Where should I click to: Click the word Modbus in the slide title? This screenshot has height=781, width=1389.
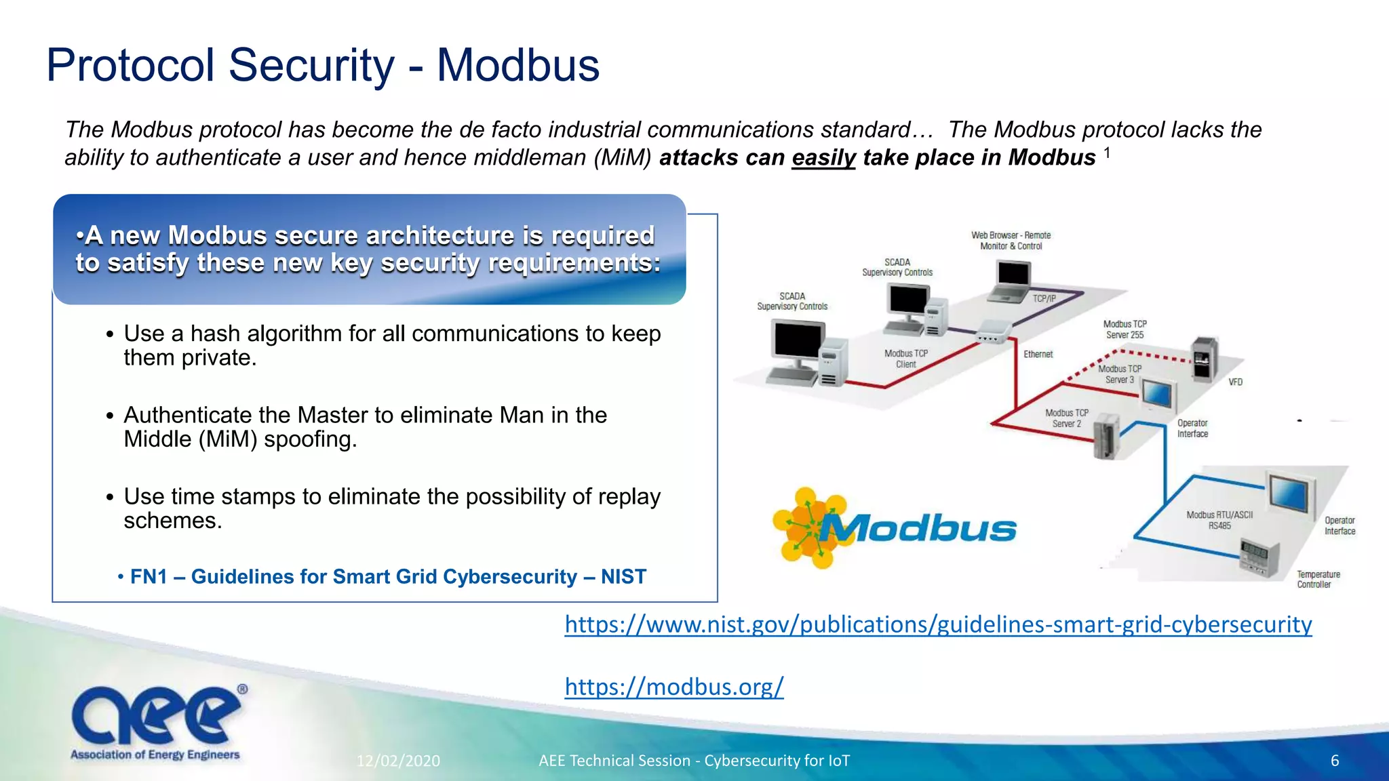(x=518, y=66)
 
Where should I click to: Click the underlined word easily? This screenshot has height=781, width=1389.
(x=823, y=158)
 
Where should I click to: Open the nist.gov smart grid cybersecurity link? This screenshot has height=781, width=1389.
(x=938, y=624)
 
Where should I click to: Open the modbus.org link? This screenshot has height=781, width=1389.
(x=674, y=687)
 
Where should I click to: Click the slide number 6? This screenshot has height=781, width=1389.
(x=1334, y=761)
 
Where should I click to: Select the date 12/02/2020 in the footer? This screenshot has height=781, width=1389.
(x=398, y=761)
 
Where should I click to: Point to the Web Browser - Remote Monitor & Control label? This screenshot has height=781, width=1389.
(x=1011, y=241)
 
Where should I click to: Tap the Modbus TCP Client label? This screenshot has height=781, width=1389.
(x=905, y=359)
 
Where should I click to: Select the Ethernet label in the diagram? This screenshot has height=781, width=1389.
(x=1038, y=354)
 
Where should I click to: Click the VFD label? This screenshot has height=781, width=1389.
(x=1235, y=382)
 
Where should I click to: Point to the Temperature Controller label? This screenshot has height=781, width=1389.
(x=1318, y=579)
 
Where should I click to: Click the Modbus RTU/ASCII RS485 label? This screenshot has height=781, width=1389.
(x=1219, y=520)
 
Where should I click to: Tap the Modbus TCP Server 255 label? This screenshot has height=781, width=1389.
(x=1124, y=329)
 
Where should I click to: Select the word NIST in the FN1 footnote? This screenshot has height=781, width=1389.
(x=623, y=576)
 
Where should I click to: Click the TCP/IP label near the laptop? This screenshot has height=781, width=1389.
(x=1044, y=298)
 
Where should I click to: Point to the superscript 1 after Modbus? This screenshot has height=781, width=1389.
(x=1107, y=153)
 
